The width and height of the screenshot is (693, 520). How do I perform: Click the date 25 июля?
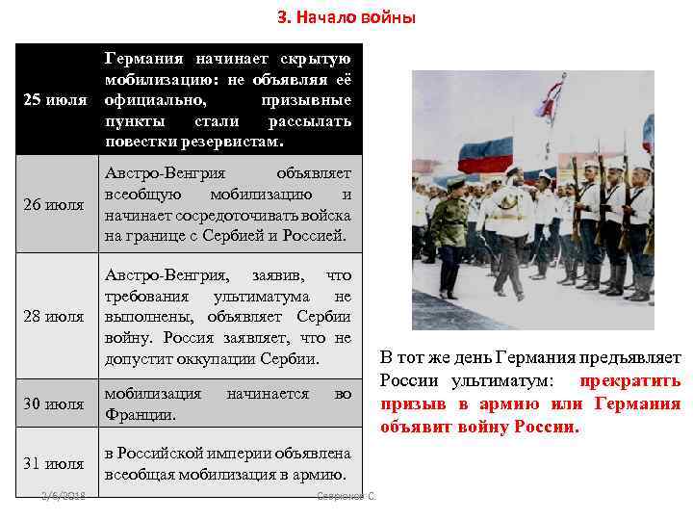tap(54, 100)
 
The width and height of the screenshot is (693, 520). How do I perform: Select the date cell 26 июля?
tap(54, 204)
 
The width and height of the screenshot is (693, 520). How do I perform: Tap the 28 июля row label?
tap(54, 316)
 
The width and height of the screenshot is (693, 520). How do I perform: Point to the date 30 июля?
tap(54, 404)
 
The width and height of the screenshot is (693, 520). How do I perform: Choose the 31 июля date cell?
tap(54, 464)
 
